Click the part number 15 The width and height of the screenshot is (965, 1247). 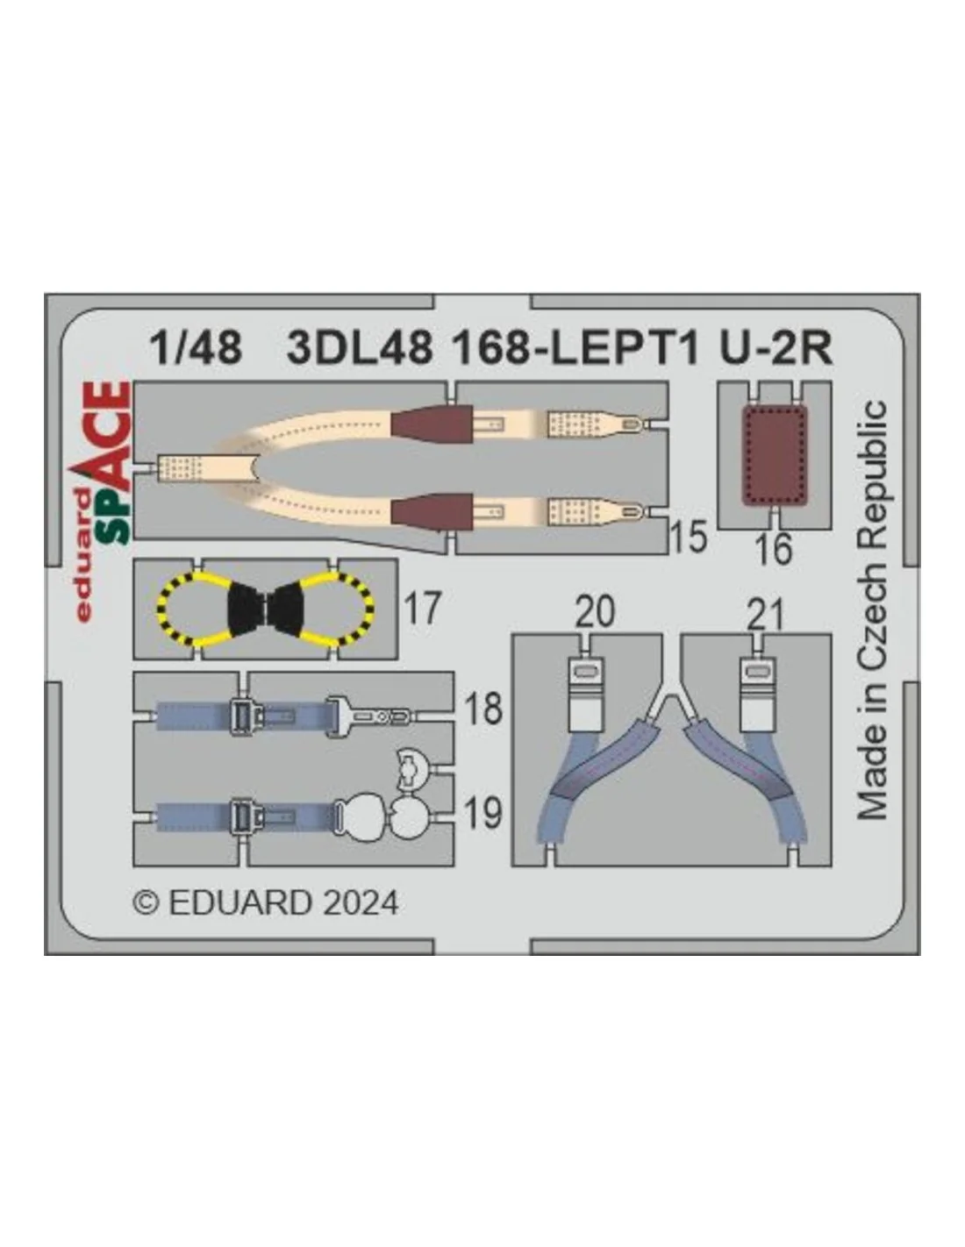click(x=689, y=538)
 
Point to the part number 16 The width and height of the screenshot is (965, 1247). click(x=773, y=549)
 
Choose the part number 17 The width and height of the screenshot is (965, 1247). click(x=423, y=609)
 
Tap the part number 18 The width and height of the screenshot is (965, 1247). click(x=482, y=709)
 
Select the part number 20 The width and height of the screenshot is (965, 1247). click(x=595, y=612)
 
